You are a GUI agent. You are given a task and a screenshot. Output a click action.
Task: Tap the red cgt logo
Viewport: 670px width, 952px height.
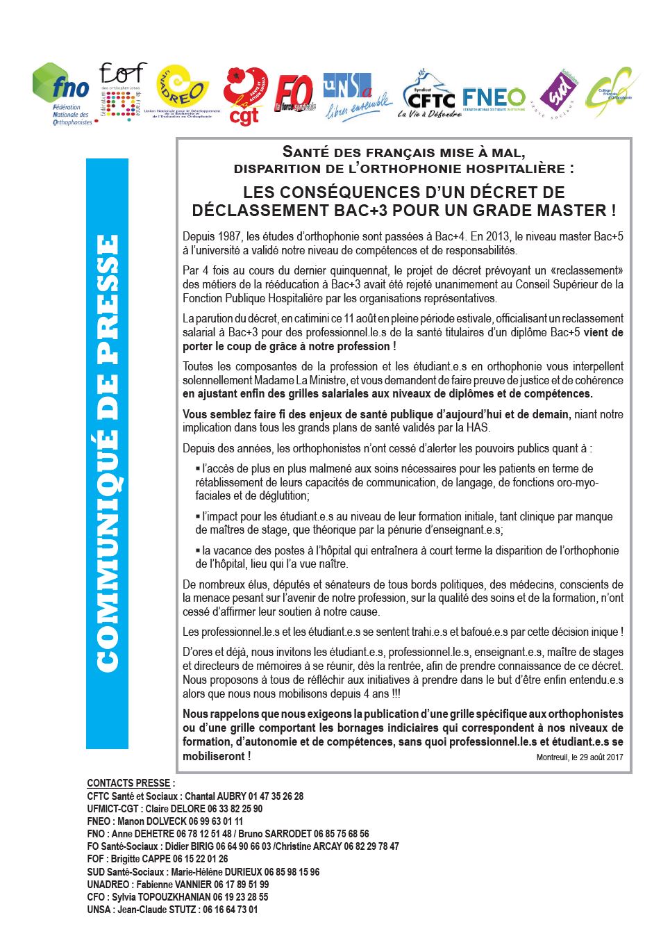pyautogui.click(x=245, y=96)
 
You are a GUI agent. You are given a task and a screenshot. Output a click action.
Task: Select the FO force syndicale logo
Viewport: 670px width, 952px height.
pyautogui.click(x=294, y=94)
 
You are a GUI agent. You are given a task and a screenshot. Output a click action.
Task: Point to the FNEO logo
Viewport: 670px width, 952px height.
pyautogui.click(x=494, y=97)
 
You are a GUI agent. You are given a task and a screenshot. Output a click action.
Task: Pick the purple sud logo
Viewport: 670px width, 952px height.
pyautogui.click(x=560, y=93)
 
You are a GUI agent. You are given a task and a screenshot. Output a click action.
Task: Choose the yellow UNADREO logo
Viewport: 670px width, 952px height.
pyautogui.click(x=183, y=90)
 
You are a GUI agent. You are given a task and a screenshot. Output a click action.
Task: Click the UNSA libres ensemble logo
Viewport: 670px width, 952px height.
pyautogui.click(x=355, y=96)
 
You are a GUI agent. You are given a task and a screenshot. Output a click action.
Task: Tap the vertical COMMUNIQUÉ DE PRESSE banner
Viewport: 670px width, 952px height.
pyautogui.click(x=107, y=453)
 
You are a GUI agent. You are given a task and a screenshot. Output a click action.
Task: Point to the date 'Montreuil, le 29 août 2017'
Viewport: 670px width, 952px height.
pyautogui.click(x=579, y=757)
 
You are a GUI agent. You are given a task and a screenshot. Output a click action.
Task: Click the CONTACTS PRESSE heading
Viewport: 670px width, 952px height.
pyautogui.click(x=131, y=783)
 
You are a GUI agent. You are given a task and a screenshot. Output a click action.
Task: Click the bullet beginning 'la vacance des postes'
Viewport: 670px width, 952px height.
pyautogui.click(x=406, y=557)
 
